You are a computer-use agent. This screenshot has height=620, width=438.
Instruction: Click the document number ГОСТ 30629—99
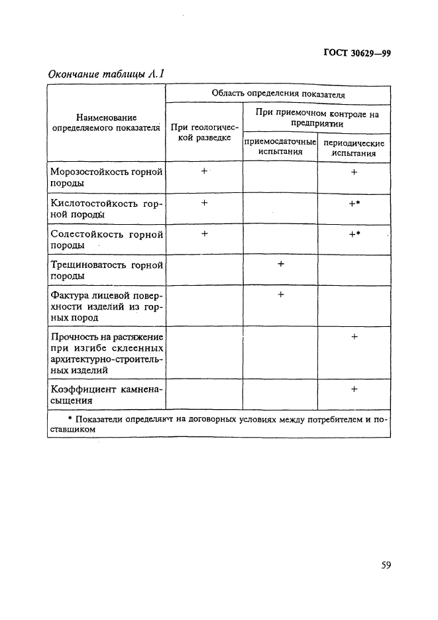tap(356, 54)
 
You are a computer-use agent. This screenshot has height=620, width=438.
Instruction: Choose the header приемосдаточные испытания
tap(280, 147)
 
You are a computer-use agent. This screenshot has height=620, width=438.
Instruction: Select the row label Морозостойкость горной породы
tap(106, 177)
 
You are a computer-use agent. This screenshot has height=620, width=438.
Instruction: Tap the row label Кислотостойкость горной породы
tap(106, 208)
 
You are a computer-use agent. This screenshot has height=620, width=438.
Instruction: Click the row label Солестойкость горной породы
tap(106, 239)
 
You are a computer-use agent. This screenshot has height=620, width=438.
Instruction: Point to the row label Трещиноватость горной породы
tap(106, 271)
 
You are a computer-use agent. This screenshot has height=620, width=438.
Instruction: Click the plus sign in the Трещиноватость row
tap(280, 264)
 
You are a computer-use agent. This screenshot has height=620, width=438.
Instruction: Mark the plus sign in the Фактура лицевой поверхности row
tap(280, 294)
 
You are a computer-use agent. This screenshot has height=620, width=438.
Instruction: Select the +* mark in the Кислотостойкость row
tap(355, 204)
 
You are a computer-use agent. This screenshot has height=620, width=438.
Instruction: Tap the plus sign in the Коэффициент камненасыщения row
tap(355, 389)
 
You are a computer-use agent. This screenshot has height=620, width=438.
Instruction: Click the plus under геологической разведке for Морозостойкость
tap(204, 171)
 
